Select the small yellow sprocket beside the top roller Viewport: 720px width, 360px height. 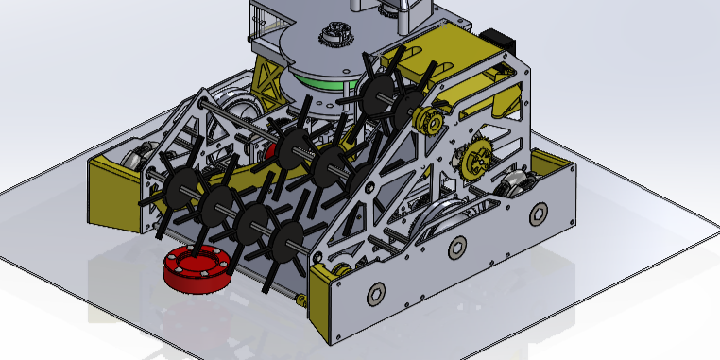(x=427, y=120)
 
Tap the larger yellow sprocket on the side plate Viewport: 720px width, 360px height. (x=475, y=157)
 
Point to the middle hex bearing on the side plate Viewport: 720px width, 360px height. (x=457, y=249)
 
